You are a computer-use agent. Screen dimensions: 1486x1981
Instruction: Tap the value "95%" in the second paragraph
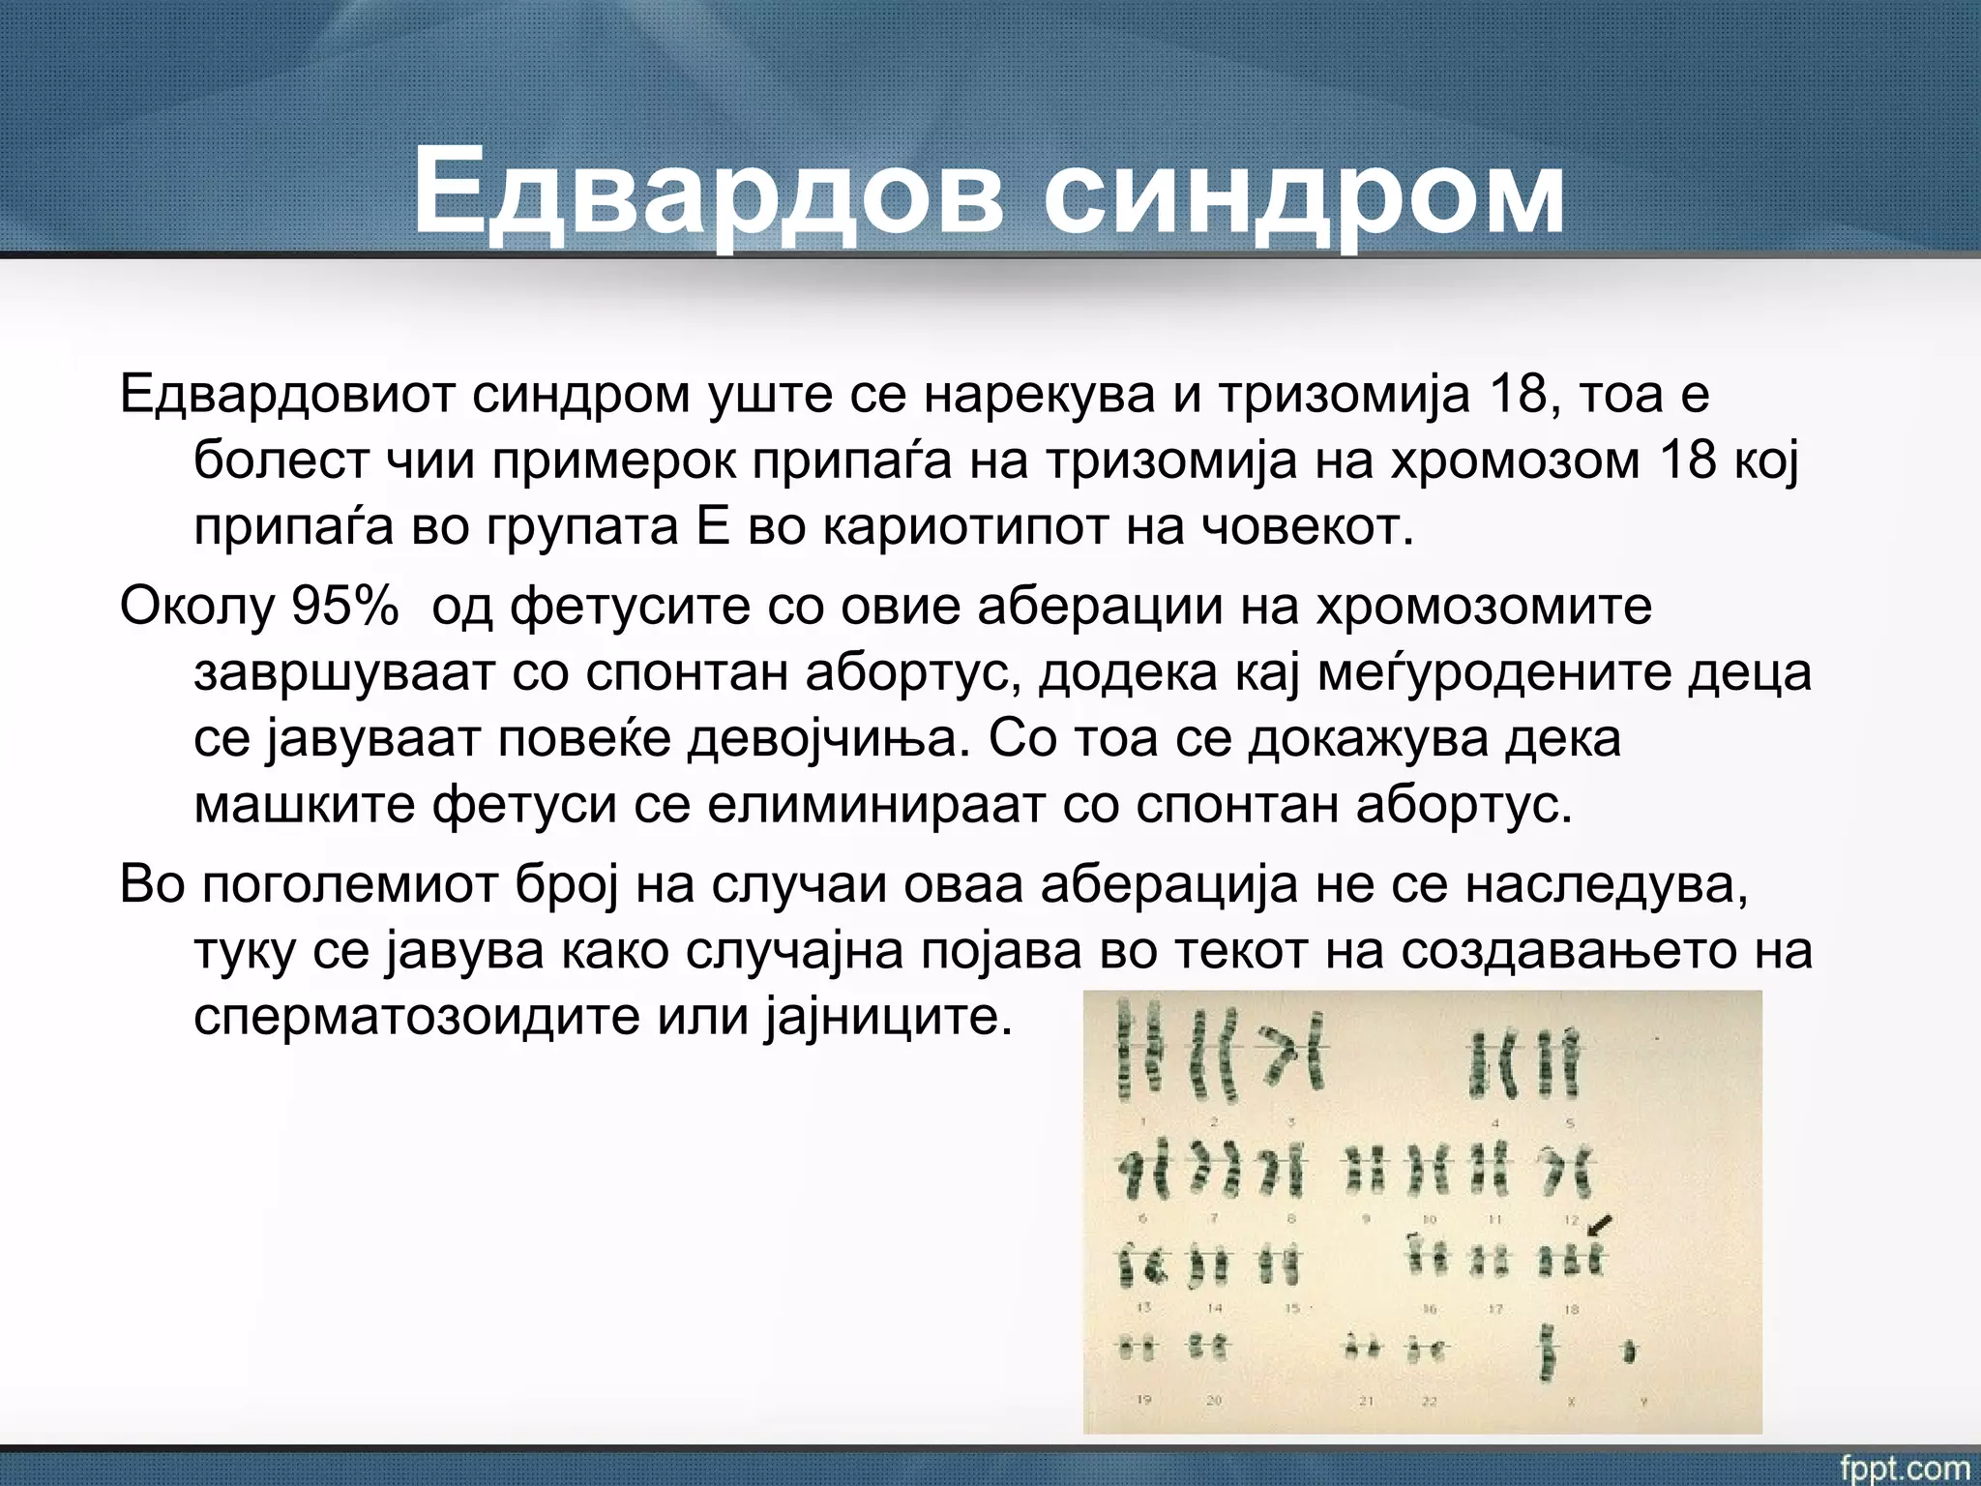coord(344,606)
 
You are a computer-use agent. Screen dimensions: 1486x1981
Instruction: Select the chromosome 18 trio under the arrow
coord(1571,1262)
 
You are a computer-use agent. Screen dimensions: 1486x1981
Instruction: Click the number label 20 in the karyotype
coord(1214,1400)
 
